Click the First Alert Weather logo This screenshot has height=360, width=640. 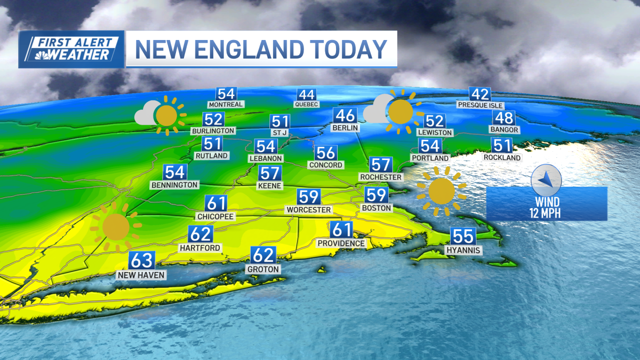click(71, 49)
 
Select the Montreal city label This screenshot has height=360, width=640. click(226, 105)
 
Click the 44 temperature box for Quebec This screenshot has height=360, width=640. click(306, 95)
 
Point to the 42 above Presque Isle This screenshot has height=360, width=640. click(480, 94)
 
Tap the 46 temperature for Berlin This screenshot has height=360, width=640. click(345, 115)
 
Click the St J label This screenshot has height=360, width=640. click(280, 132)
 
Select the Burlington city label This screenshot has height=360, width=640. click(213, 131)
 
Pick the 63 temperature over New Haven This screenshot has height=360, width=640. click(142, 260)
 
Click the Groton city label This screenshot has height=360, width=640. click(263, 269)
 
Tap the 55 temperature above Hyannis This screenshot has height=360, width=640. click(463, 236)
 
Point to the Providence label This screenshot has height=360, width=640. click(341, 243)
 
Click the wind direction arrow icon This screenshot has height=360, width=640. click(546, 180)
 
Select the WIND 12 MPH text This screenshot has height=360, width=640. click(547, 208)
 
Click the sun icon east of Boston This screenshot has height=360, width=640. click(441, 191)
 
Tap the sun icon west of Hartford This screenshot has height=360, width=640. click(116, 227)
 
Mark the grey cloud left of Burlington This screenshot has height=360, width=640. click(146, 113)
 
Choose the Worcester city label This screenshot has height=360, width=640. click(308, 210)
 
